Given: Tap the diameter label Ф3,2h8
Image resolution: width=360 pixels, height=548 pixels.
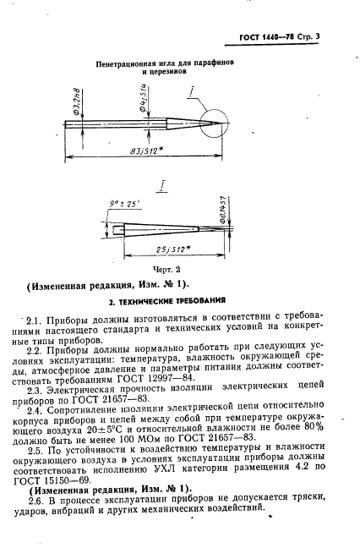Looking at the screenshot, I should coord(75,98).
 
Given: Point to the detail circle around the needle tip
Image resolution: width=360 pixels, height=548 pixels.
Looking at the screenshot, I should coord(217,123).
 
